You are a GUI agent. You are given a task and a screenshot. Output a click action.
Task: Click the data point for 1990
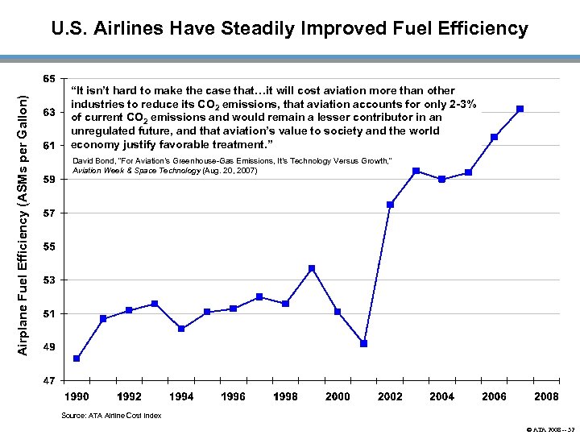(77, 358)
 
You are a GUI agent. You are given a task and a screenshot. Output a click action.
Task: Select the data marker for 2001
(364, 344)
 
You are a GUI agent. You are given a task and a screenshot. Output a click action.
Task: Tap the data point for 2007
(520, 109)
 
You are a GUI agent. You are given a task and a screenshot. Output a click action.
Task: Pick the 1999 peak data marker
(312, 268)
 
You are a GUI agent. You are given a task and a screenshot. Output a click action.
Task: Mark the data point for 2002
(390, 205)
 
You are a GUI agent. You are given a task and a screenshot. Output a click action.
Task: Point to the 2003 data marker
(416, 171)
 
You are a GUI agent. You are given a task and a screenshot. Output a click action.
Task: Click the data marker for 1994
(181, 329)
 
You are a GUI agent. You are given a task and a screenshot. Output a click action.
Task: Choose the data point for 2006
(494, 137)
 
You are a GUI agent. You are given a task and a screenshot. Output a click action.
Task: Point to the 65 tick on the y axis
(50, 79)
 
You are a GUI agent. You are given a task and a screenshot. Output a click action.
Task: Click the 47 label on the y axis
(50, 380)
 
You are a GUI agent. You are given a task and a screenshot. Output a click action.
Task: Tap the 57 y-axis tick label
(50, 213)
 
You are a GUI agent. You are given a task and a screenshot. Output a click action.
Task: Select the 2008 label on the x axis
(546, 396)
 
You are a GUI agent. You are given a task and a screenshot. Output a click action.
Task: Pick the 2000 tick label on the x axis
(338, 396)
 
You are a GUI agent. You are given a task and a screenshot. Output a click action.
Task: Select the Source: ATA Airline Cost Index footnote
(111, 416)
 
